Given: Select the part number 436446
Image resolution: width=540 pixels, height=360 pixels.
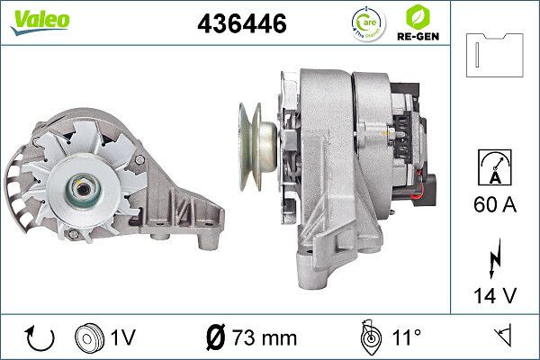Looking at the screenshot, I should click(241, 24).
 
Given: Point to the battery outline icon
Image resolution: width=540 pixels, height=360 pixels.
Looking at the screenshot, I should click(496, 56).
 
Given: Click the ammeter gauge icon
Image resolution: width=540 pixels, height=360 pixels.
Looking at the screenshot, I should click(495, 167).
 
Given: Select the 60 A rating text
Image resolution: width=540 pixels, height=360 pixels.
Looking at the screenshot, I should click(496, 205).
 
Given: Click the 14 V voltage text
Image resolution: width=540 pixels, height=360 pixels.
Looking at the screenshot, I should click(496, 294).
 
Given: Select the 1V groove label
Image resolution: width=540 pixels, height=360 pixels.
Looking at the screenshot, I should click(123, 337).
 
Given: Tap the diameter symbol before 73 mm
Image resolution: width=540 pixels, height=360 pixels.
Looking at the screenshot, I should click(215, 337).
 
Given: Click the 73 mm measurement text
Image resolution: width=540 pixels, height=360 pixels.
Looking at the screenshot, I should click(264, 337).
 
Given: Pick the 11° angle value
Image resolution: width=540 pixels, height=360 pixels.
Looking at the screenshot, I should click(406, 337).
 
